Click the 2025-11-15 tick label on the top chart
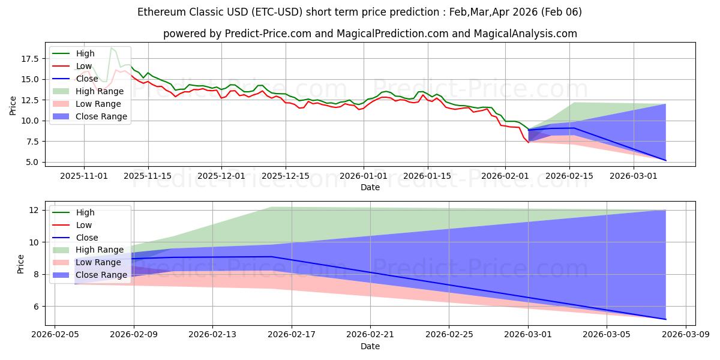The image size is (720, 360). (148, 176)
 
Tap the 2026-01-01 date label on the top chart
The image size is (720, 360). (364, 176)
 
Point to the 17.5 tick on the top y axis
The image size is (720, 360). (29, 59)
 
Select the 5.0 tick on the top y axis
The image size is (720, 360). (32, 162)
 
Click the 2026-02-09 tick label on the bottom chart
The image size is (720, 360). (134, 335)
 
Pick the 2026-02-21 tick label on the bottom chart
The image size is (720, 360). (371, 335)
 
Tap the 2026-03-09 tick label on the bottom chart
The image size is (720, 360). (687, 335)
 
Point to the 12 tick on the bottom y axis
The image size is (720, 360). (34, 210)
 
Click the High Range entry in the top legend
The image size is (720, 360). (100, 91)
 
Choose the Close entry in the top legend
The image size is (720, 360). (88, 79)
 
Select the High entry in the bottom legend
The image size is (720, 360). (85, 212)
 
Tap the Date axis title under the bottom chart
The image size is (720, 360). (370, 346)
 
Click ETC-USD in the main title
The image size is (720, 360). (252, 12)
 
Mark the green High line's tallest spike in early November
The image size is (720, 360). (111, 47)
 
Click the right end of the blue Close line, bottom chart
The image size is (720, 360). (666, 319)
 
